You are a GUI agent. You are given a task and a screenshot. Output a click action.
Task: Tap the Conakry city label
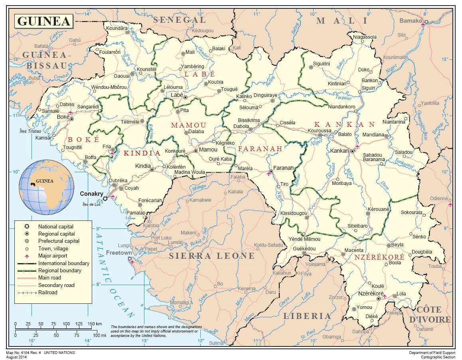coord(91,193)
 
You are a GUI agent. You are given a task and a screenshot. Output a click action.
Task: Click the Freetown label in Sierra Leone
coord(119,253)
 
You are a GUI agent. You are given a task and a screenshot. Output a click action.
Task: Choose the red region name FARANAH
coord(260,149)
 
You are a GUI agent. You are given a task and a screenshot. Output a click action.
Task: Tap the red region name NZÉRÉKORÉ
coord(379,257)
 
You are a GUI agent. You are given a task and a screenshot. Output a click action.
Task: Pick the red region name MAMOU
coord(189,125)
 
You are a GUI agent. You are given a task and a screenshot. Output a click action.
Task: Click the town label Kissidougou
coord(294,213)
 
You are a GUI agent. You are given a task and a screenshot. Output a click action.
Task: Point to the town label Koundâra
coord(117,28)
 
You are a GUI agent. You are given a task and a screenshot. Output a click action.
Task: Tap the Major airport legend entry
coord(53,256)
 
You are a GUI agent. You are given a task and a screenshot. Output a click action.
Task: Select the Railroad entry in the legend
coord(47,292)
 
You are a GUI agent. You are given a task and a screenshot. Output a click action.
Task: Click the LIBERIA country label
coord(307,316)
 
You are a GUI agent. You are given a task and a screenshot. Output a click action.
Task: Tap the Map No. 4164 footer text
coord(40,353)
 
